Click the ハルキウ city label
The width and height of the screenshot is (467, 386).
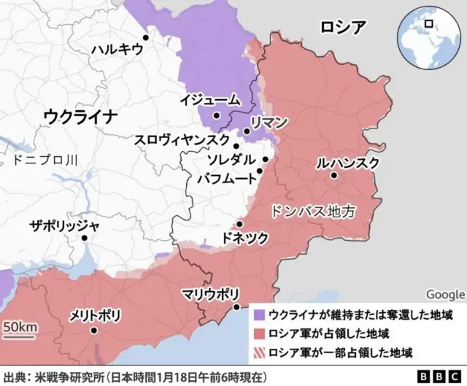[x=117, y=50]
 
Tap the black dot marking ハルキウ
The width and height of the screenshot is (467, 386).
[x=146, y=37]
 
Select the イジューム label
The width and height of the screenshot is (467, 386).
[x=212, y=100]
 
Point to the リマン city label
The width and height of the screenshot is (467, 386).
[x=269, y=121]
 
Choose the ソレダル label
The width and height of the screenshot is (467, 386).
[x=231, y=160]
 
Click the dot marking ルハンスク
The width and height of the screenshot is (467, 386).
[x=333, y=175]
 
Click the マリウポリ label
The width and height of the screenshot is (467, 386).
[x=210, y=294]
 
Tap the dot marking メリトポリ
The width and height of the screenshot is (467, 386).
[x=94, y=331]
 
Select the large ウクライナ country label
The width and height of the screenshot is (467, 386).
[x=80, y=116]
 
